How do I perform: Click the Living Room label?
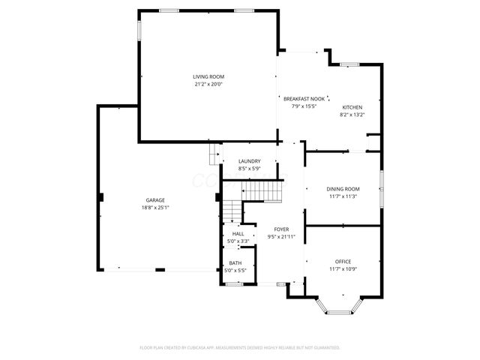coord(208,77)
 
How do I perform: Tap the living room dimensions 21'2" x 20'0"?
coord(208,84)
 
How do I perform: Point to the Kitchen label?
coord(352,107)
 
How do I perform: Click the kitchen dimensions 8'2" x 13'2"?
coord(352,115)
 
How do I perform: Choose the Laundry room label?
coord(249,161)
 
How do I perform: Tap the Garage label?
coord(155,200)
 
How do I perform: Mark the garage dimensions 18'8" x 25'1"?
coord(155,208)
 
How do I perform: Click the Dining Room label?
coord(343,189)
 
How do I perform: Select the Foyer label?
coord(281,229)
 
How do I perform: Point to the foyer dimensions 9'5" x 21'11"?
coord(281,237)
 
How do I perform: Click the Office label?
coord(343,261)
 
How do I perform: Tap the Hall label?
coord(238,234)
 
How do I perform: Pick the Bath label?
coord(235,262)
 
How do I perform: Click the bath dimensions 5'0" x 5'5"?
coord(235,270)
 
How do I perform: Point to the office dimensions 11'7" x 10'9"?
coord(343,268)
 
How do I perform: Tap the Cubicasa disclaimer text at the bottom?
coord(240,348)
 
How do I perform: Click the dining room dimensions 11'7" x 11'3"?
coord(343,196)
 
